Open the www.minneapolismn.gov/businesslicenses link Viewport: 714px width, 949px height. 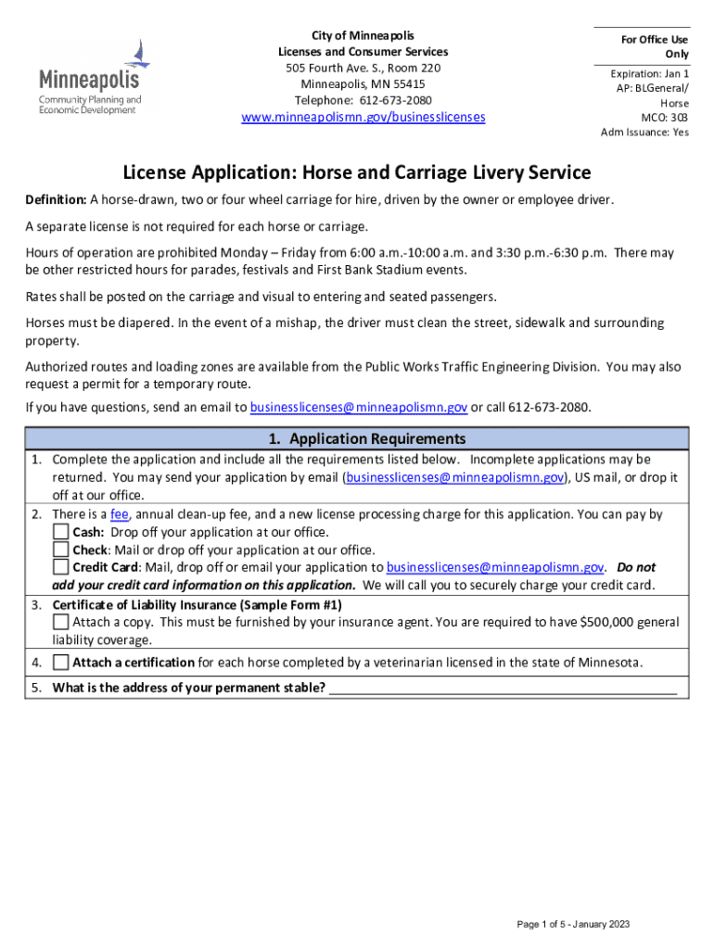pyautogui.click(x=363, y=118)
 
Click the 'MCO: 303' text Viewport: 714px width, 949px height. pyautogui.click(x=665, y=118)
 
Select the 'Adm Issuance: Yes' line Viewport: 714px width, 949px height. pyautogui.click(x=644, y=133)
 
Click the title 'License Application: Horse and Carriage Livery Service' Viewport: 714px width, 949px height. pyautogui.click(x=357, y=172)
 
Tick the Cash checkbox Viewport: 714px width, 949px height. pyautogui.click(x=60, y=532)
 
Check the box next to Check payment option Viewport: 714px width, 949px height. pyautogui.click(x=60, y=550)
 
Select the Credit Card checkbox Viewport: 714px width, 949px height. pyautogui.click(x=60, y=567)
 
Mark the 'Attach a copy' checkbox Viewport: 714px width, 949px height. pyautogui.click(x=60, y=622)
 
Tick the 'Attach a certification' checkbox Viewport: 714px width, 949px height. pyautogui.click(x=60, y=663)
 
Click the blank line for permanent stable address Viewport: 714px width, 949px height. pyautogui.click(x=503, y=688)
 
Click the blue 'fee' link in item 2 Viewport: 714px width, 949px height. pyautogui.click(x=119, y=514)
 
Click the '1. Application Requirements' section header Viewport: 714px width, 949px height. pyautogui.click(x=357, y=438)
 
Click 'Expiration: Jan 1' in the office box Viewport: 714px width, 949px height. pyautogui.click(x=649, y=73)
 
